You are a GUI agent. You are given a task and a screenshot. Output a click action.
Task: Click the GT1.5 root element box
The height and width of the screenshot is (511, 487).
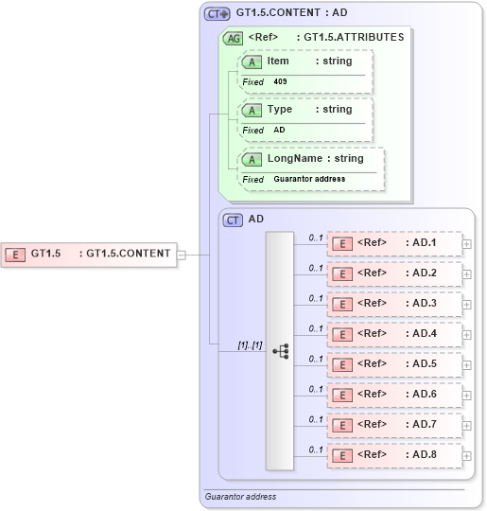pyautogui.click(x=89, y=254)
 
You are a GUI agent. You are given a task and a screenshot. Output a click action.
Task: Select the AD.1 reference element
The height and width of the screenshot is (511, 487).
pyautogui.click(x=393, y=243)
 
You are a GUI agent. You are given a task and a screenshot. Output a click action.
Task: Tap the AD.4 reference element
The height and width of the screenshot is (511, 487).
pyautogui.click(x=393, y=334)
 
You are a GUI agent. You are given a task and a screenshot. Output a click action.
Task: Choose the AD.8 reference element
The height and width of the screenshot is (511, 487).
pyautogui.click(x=393, y=455)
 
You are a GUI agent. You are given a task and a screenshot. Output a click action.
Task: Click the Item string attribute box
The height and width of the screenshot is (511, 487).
pyautogui.click(x=306, y=62)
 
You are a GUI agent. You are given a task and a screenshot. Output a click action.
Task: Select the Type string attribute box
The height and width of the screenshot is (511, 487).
pyautogui.click(x=306, y=110)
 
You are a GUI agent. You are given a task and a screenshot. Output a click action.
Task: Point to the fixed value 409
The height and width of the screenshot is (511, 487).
pyautogui.click(x=281, y=82)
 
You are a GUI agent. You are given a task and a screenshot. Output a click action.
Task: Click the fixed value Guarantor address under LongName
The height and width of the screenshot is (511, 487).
pyautogui.click(x=309, y=179)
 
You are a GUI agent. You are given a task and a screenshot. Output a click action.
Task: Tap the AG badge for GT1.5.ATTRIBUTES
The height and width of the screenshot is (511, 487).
pyautogui.click(x=232, y=39)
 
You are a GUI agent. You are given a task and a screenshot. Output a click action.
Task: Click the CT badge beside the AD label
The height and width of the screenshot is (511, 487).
pyautogui.click(x=233, y=220)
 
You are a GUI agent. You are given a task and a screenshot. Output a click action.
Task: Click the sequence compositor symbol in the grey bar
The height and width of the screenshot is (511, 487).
pyautogui.click(x=280, y=350)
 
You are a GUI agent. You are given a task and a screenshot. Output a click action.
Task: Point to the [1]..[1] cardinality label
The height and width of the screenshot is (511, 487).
pyautogui.click(x=250, y=346)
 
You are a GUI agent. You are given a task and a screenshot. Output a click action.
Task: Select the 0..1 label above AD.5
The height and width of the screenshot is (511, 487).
pyautogui.click(x=316, y=359)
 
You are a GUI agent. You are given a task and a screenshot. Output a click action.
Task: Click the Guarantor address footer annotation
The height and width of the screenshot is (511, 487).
pyautogui.click(x=240, y=496)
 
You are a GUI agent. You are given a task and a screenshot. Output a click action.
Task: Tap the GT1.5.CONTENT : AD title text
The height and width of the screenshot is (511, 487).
pyautogui.click(x=291, y=14)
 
